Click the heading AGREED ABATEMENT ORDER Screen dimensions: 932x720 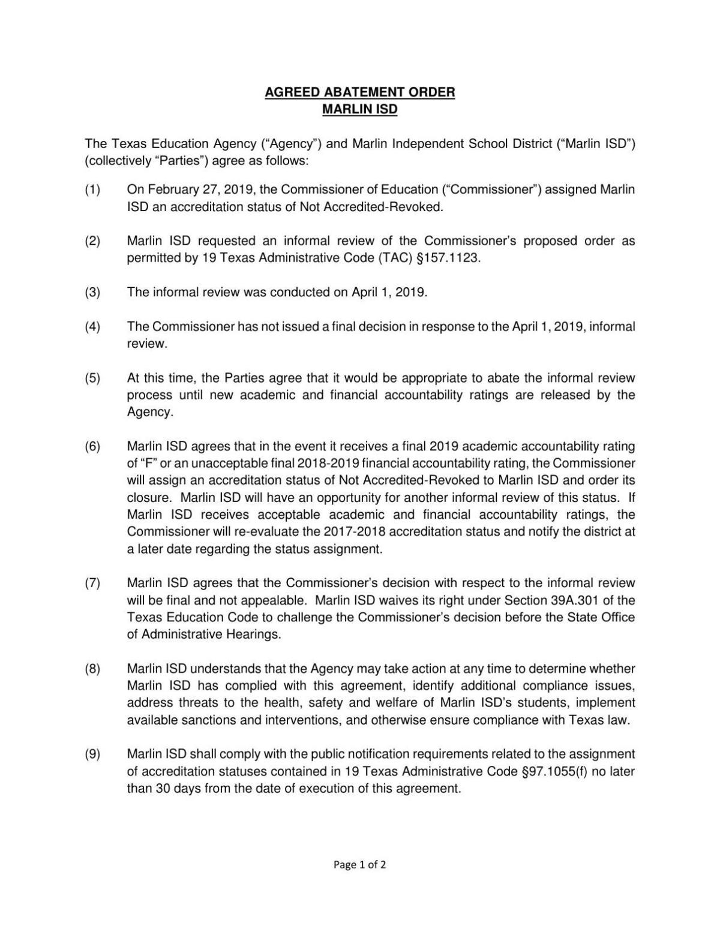(x=360, y=92)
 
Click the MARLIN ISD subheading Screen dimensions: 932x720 (x=360, y=110)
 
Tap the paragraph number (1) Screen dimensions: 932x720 (x=92, y=190)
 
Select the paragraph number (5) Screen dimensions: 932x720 (x=92, y=378)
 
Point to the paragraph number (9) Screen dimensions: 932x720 (x=92, y=754)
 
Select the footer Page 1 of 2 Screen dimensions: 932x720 (x=360, y=865)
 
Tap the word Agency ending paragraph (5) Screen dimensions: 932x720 (x=149, y=413)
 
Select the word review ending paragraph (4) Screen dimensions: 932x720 (x=146, y=344)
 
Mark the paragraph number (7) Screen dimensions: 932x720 (x=92, y=583)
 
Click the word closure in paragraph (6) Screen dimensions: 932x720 (x=149, y=498)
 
